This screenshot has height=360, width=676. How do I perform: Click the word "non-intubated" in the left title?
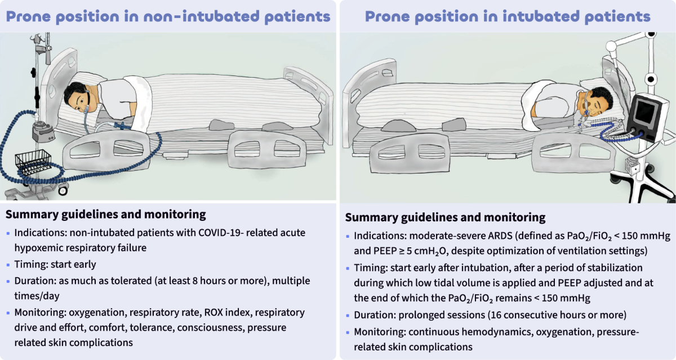point(201,16)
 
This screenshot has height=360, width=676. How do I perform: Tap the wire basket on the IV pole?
point(33,162)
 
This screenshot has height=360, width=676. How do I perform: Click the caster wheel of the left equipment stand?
point(63,190)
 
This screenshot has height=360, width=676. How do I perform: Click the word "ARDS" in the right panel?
point(500,235)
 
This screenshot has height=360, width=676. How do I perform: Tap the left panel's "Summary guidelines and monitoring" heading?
point(106,215)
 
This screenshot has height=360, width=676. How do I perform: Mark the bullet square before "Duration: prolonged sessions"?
point(348,315)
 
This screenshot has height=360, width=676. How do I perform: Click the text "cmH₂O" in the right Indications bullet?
point(430,251)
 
